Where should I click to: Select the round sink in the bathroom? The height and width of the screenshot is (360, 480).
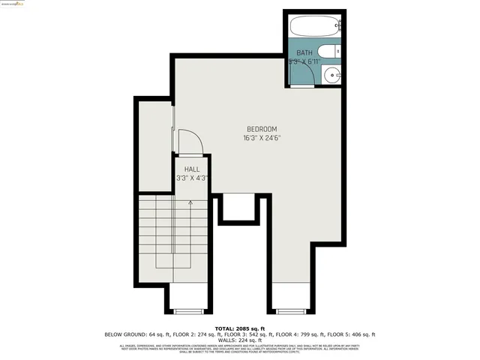click(x=331, y=74)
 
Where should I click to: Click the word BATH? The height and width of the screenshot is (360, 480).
click(x=304, y=52)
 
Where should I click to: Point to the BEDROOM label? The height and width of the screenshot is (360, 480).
click(x=262, y=129)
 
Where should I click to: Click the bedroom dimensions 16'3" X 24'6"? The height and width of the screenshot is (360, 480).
click(x=262, y=138)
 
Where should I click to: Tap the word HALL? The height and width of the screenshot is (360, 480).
click(x=192, y=169)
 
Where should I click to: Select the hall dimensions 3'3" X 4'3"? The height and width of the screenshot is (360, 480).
click(x=192, y=178)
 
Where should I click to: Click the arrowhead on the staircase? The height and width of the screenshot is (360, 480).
click(x=190, y=202)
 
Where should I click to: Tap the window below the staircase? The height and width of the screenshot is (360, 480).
click(x=189, y=310)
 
